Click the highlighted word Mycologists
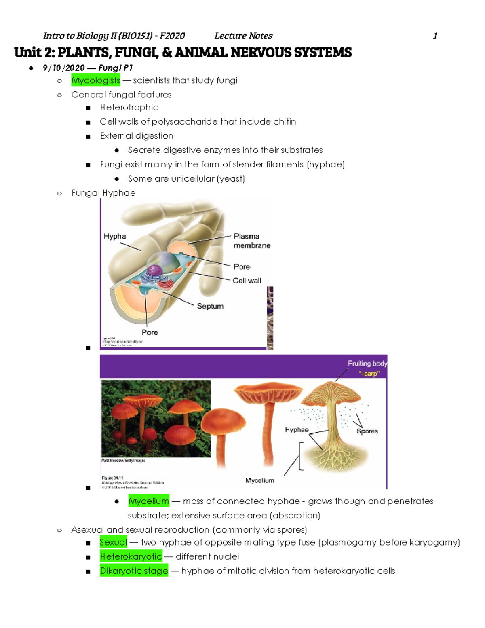click(x=96, y=80)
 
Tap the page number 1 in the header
click(x=435, y=36)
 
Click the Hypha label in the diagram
click(x=115, y=236)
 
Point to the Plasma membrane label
click(x=251, y=241)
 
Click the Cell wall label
click(x=247, y=281)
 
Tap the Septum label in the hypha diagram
click(x=210, y=306)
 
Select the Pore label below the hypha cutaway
click(x=150, y=332)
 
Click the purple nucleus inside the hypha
click(x=154, y=270)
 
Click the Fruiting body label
click(x=367, y=364)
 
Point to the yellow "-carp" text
click(x=369, y=373)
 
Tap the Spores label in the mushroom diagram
click(x=367, y=431)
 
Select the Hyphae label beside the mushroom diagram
click(x=296, y=430)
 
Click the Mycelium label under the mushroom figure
click(x=259, y=480)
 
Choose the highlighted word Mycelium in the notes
click(x=148, y=501)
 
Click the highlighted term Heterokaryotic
click(x=131, y=557)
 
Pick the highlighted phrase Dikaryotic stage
click(x=134, y=571)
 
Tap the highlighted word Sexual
click(x=113, y=542)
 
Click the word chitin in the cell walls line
click(x=285, y=122)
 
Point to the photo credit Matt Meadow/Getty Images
click(x=123, y=461)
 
